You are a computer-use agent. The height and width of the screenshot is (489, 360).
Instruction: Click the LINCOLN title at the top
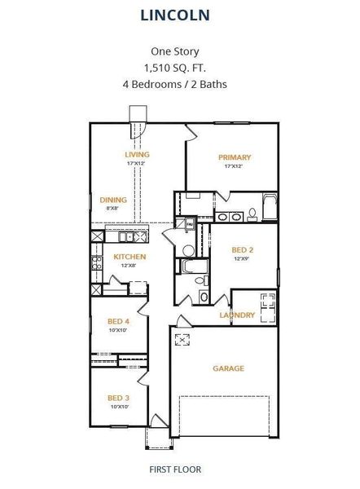175,15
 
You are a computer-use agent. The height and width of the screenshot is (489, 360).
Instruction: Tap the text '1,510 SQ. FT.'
175,67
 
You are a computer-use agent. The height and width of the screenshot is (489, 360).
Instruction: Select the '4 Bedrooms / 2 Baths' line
175,83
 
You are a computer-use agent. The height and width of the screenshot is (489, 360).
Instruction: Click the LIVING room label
136,154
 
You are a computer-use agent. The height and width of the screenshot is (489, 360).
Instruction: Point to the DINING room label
112,200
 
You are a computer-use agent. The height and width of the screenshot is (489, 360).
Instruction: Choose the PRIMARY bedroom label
235,157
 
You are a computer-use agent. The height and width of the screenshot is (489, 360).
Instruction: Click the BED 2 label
243,249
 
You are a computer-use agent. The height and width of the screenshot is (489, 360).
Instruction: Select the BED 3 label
118,398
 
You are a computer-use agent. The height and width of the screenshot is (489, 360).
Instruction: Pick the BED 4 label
118,321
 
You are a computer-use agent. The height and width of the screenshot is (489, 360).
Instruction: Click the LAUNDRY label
237,315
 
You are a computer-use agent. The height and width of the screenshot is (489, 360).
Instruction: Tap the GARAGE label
228,368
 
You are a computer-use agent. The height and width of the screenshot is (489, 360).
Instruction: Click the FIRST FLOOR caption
175,469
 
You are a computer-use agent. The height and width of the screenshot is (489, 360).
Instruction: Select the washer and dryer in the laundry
266,302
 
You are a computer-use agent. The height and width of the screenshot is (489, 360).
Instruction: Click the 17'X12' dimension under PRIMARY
235,167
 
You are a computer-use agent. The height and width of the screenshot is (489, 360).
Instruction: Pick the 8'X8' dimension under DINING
112,209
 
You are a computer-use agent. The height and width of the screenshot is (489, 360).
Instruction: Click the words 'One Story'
175,51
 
